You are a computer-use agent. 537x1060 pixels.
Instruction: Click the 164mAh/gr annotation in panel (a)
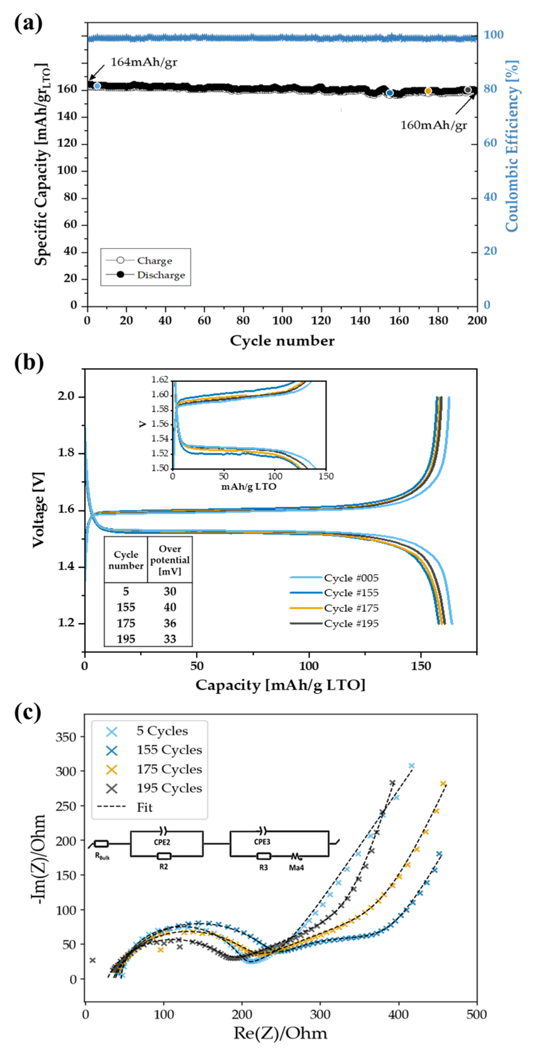coord(144,62)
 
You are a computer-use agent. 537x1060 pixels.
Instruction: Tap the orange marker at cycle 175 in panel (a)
coord(428,91)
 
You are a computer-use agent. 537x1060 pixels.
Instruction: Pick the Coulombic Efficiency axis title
coord(512,146)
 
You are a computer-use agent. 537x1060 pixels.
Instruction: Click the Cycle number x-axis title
coord(282,341)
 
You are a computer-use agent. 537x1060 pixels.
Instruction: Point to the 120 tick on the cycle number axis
coord(321,320)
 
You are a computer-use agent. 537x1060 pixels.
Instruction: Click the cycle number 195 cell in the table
coord(126,639)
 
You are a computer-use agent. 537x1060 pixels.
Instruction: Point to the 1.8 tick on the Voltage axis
coord(67,453)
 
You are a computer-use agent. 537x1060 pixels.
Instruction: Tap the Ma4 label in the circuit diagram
coord(296,868)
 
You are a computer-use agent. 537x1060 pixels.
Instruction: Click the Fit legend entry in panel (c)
coord(144,808)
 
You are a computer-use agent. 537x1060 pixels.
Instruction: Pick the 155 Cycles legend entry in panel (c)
coord(169,750)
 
